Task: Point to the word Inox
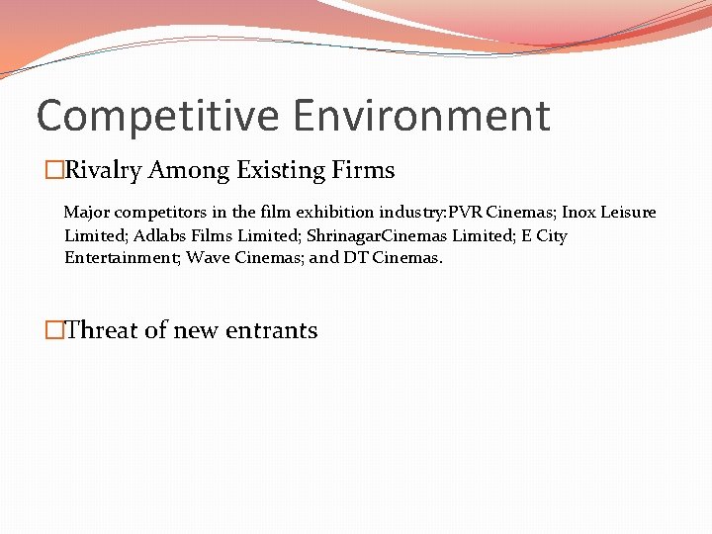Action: (x=580, y=213)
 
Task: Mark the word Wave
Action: (x=207, y=258)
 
